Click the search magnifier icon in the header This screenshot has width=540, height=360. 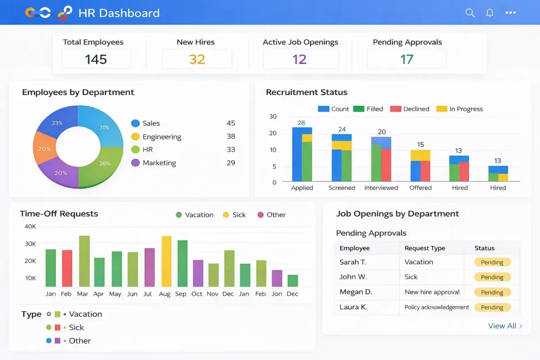(470, 13)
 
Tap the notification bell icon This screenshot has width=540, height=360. (490, 13)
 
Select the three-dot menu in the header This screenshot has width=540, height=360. (510, 13)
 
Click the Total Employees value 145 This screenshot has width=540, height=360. (96, 59)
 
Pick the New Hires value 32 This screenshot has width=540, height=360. (197, 59)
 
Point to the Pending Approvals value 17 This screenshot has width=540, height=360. (406, 59)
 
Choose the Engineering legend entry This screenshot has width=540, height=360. (161, 137)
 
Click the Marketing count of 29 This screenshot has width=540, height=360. (231, 163)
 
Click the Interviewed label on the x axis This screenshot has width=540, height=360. (381, 188)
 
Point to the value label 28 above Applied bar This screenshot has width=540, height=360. (301, 123)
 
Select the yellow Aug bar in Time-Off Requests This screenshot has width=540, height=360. (166, 261)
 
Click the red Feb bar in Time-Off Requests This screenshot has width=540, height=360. (67, 268)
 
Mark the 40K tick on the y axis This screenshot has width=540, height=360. (30, 226)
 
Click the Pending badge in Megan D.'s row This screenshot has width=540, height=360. (492, 292)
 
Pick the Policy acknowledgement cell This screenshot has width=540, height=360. (436, 307)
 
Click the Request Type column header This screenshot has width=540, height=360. (424, 248)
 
